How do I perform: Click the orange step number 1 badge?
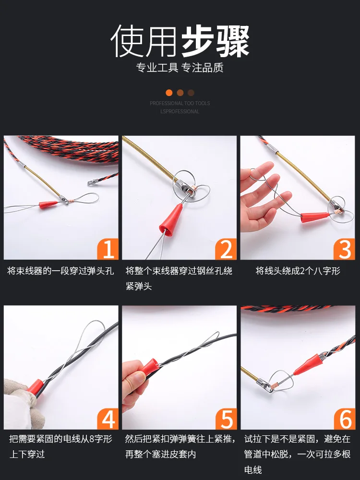point(108,249)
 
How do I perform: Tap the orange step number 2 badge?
point(226,249)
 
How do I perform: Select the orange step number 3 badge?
point(344,249)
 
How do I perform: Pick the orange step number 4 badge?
point(108,419)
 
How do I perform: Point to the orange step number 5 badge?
point(226,419)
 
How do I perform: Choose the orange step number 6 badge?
point(344,419)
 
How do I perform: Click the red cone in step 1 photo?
point(48,204)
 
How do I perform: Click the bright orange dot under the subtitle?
point(169,93)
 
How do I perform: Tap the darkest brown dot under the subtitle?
point(191,93)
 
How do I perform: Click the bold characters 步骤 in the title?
point(216,41)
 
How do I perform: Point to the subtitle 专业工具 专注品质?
point(180,68)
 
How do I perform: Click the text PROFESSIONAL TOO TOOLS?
point(180,103)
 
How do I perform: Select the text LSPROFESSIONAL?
point(180,111)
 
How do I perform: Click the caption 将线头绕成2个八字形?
point(298,271)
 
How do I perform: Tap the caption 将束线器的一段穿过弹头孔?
point(60,271)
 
